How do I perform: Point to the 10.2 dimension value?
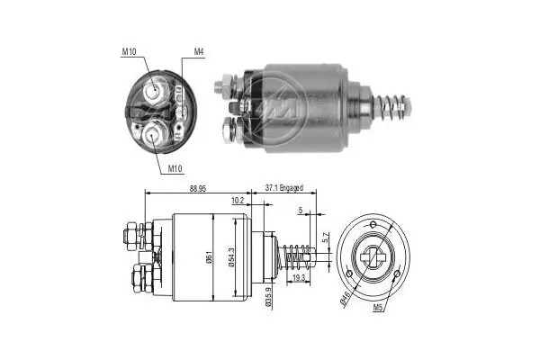(x=238, y=200)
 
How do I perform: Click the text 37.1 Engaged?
(x=283, y=188)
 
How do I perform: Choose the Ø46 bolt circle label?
(x=346, y=295)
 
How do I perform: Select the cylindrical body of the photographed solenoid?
(x=302, y=91)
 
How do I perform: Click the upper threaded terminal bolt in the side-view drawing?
(x=129, y=238)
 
